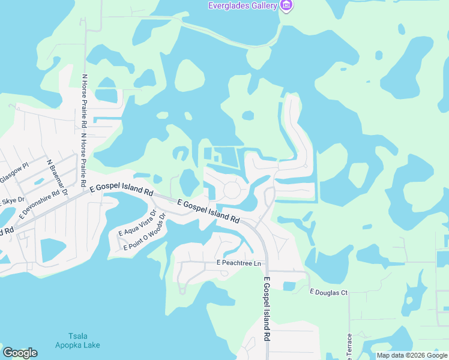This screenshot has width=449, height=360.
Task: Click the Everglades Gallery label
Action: click(x=243, y=5)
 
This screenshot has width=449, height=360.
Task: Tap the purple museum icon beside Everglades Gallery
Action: click(x=287, y=5)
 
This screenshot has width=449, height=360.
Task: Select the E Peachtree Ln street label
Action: click(x=240, y=263)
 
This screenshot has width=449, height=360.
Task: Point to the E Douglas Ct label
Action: click(x=328, y=292)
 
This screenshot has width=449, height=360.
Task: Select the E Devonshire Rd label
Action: click(x=40, y=203)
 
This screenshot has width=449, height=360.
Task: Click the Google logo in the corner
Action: click(x=20, y=353)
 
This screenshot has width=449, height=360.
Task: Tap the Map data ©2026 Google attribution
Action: click(x=411, y=355)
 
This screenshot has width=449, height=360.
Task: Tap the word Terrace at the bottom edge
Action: click(x=348, y=347)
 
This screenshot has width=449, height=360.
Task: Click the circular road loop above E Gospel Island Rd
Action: click(x=233, y=191)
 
